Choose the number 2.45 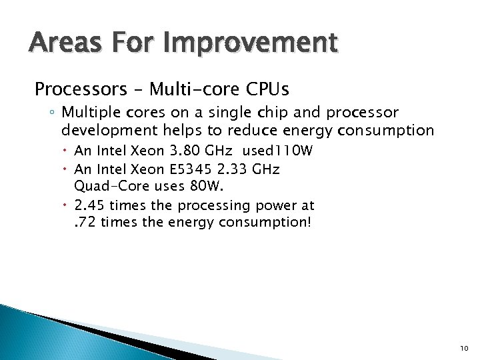(90, 205)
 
